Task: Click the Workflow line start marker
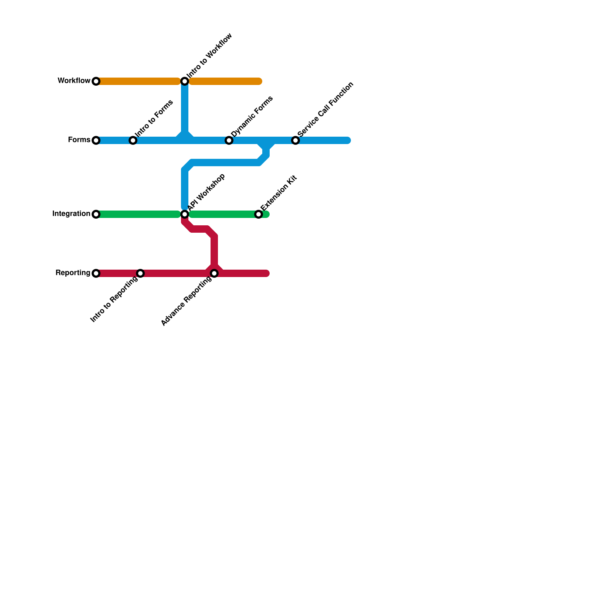click(x=96, y=81)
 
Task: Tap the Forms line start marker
click(x=96, y=140)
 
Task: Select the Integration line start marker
click(x=96, y=214)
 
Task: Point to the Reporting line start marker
click(x=96, y=273)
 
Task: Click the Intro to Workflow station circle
click(x=185, y=81)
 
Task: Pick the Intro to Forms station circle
click(x=133, y=140)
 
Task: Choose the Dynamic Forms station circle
click(x=229, y=140)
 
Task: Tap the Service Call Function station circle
click(x=295, y=140)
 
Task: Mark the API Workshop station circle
click(x=185, y=214)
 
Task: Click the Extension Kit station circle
click(x=259, y=214)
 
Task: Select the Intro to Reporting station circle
click(x=140, y=273)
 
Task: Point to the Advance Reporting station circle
click(x=214, y=273)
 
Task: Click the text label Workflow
click(x=74, y=81)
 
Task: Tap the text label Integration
click(x=71, y=214)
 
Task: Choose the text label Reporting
click(x=73, y=273)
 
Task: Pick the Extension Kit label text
click(x=279, y=193)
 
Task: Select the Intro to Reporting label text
click(x=114, y=300)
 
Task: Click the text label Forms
click(x=79, y=140)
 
